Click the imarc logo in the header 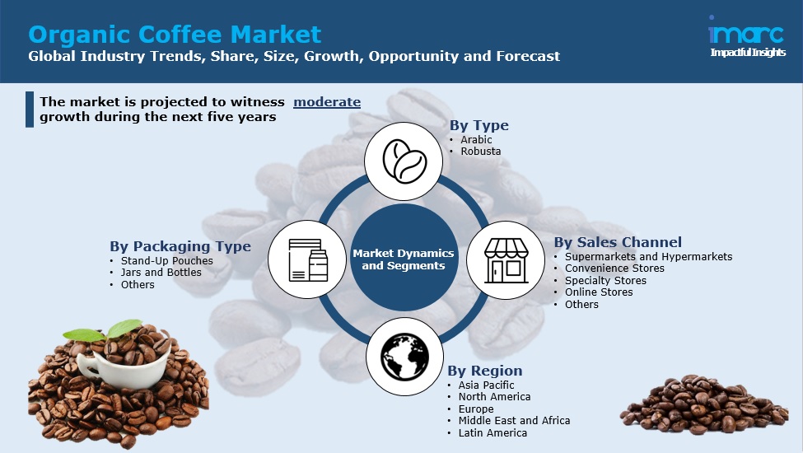coord(747,36)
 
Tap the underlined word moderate coord(327,102)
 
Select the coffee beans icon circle coord(404,161)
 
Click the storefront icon coord(506,260)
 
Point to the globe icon coord(404,357)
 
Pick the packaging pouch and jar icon coord(307,259)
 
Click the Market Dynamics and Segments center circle coord(404,259)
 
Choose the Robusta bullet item coord(480,151)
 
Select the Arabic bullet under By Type coord(476,139)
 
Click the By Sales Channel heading coord(618,242)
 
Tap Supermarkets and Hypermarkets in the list coord(648,256)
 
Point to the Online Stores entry coord(599,292)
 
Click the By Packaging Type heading coord(180,246)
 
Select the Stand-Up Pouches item coord(167,260)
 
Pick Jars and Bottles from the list coord(161,273)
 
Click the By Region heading coord(485,371)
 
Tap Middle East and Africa coord(514,420)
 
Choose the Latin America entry coord(493,432)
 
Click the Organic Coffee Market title coord(175,35)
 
